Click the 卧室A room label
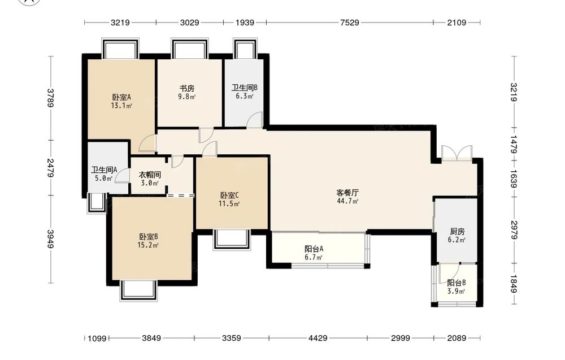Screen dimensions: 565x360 tap(121, 97)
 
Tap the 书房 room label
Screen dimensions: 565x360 tap(187, 88)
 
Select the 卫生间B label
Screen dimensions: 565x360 tap(244, 88)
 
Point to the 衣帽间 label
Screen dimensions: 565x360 tap(150, 175)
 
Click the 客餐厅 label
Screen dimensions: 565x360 tap(347, 193)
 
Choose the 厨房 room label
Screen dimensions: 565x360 tap(457, 231)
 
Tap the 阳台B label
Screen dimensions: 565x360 tap(457, 283)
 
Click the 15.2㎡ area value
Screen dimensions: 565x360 tap(148, 245)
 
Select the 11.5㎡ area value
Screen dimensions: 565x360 tap(229, 204)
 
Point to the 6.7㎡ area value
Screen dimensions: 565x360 tap(314, 257)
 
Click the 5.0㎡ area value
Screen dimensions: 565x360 tap(104, 178)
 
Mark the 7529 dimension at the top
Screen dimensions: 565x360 tap(350, 23)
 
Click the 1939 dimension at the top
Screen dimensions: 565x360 tap(245, 23)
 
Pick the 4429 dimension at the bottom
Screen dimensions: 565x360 tap(318, 338)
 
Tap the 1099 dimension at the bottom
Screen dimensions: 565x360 tap(97, 339)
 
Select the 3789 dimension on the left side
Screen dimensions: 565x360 tap(50, 98)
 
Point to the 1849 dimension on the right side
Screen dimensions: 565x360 tap(514, 284)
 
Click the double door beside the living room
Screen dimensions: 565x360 tap(457, 153)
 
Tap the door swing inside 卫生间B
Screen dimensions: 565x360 tap(254, 120)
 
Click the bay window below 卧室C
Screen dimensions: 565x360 tap(231, 239)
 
